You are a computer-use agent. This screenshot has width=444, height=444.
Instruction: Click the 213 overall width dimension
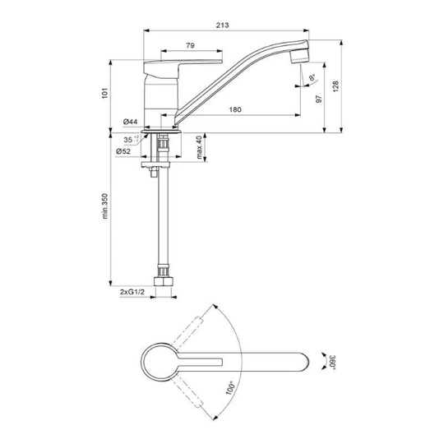coord(222,25)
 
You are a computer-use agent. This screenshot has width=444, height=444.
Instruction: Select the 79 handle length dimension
coord(190,45)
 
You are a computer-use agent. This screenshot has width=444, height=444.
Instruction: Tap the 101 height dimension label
coord(105,93)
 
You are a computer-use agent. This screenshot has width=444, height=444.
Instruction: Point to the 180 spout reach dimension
coord(235,109)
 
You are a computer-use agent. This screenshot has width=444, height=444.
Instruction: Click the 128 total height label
coord(335,86)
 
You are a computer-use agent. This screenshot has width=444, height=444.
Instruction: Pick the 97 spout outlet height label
coord(319,99)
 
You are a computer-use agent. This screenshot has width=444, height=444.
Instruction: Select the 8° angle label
coord(312,77)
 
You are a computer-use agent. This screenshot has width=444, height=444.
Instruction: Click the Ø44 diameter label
coord(130,122)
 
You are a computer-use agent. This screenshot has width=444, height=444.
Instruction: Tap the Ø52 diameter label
coord(123,151)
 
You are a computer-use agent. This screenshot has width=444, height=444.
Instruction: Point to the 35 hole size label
coord(131,139)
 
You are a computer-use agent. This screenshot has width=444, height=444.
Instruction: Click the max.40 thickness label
coord(200,147)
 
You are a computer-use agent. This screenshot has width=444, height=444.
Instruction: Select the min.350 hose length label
coord(105,206)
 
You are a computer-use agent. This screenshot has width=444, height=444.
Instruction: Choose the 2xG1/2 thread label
coord(132,292)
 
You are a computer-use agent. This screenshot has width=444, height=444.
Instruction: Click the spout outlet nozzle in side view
coord(300,56)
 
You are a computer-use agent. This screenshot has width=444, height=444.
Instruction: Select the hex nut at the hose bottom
coord(163,281)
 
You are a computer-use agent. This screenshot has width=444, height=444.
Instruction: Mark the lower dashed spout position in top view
coord(187,393)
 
